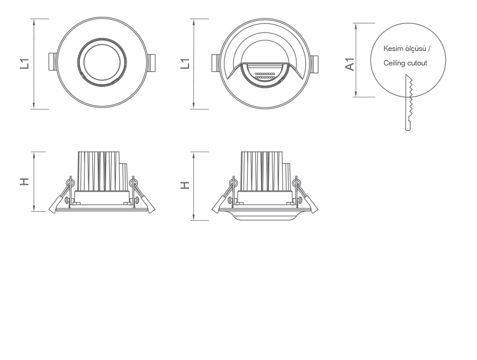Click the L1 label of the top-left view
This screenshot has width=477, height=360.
25,64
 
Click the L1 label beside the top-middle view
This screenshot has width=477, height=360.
185,64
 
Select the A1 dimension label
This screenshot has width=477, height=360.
350,64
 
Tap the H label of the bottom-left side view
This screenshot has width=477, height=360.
25,182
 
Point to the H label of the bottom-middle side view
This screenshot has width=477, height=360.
185,185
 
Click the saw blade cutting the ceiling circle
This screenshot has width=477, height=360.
409,103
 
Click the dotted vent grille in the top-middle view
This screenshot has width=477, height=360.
265,76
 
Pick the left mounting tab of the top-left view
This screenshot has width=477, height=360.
53,62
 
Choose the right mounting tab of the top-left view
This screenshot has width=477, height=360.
151,63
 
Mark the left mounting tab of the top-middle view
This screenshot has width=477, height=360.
216,63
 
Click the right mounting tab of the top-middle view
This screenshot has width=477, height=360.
314,64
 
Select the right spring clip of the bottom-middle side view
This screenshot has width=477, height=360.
305,195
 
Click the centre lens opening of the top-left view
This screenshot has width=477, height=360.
102,62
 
